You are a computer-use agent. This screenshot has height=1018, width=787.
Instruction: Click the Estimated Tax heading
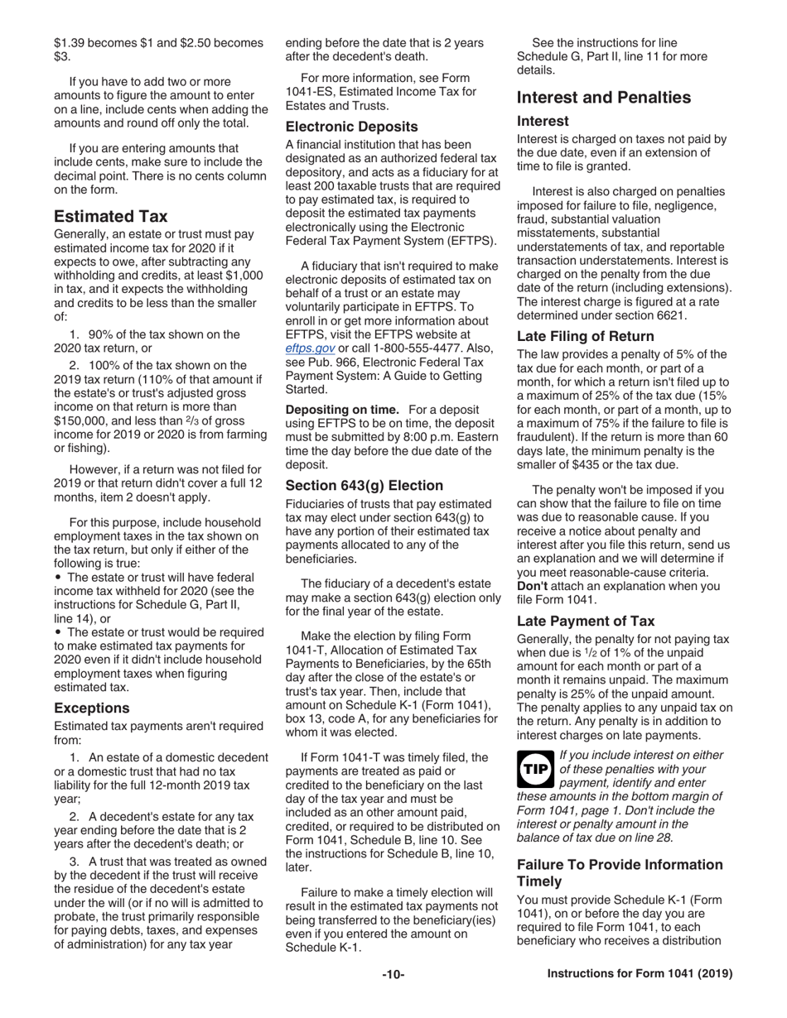[x=111, y=217]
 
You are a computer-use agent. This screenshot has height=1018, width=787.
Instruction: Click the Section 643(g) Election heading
[x=365, y=486]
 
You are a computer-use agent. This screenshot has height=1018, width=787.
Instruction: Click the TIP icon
[x=534, y=770]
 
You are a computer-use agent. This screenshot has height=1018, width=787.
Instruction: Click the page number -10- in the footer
[x=393, y=975]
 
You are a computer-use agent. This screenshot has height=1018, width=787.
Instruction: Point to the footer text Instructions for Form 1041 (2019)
[x=640, y=975]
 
